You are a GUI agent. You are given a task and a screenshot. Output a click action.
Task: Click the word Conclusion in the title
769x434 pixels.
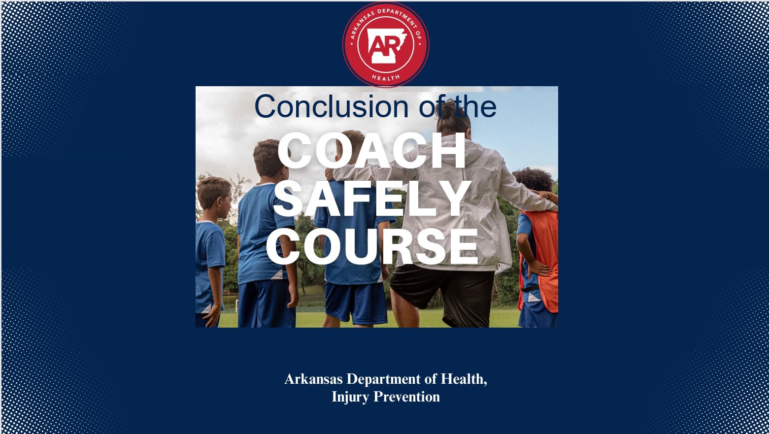(x=331, y=106)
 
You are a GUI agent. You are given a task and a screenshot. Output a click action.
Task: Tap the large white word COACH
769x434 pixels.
(x=371, y=151)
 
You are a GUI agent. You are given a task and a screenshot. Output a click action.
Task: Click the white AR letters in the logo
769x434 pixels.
(x=381, y=45)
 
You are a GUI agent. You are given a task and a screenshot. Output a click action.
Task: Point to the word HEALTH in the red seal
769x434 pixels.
(x=386, y=78)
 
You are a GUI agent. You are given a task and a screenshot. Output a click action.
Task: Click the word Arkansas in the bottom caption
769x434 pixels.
(x=313, y=379)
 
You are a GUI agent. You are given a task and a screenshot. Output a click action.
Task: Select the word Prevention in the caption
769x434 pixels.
(x=406, y=397)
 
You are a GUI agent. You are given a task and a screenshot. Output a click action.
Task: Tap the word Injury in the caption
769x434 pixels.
(x=350, y=397)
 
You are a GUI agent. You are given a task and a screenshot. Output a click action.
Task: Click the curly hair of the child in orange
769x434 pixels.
(x=534, y=180)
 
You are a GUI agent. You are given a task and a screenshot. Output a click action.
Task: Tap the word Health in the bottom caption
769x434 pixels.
(x=464, y=379)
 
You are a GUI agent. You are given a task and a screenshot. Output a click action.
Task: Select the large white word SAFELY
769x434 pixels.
(x=372, y=199)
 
